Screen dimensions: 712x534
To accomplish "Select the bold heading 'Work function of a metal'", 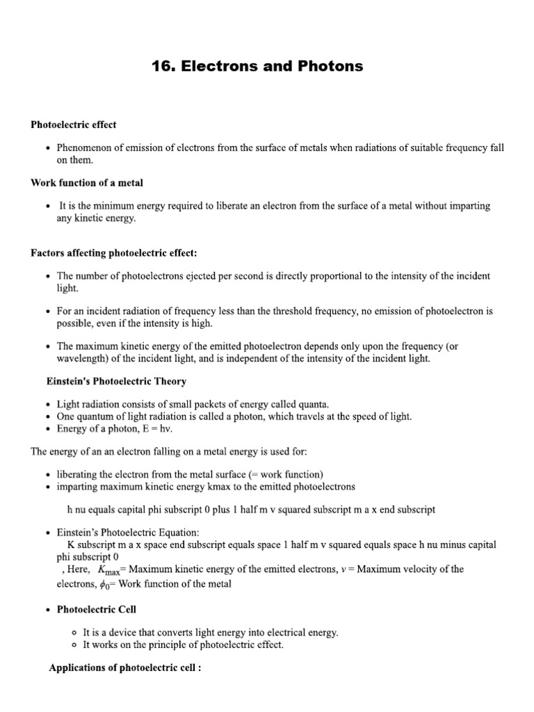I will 87,183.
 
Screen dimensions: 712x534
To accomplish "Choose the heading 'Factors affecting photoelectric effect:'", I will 118,252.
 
